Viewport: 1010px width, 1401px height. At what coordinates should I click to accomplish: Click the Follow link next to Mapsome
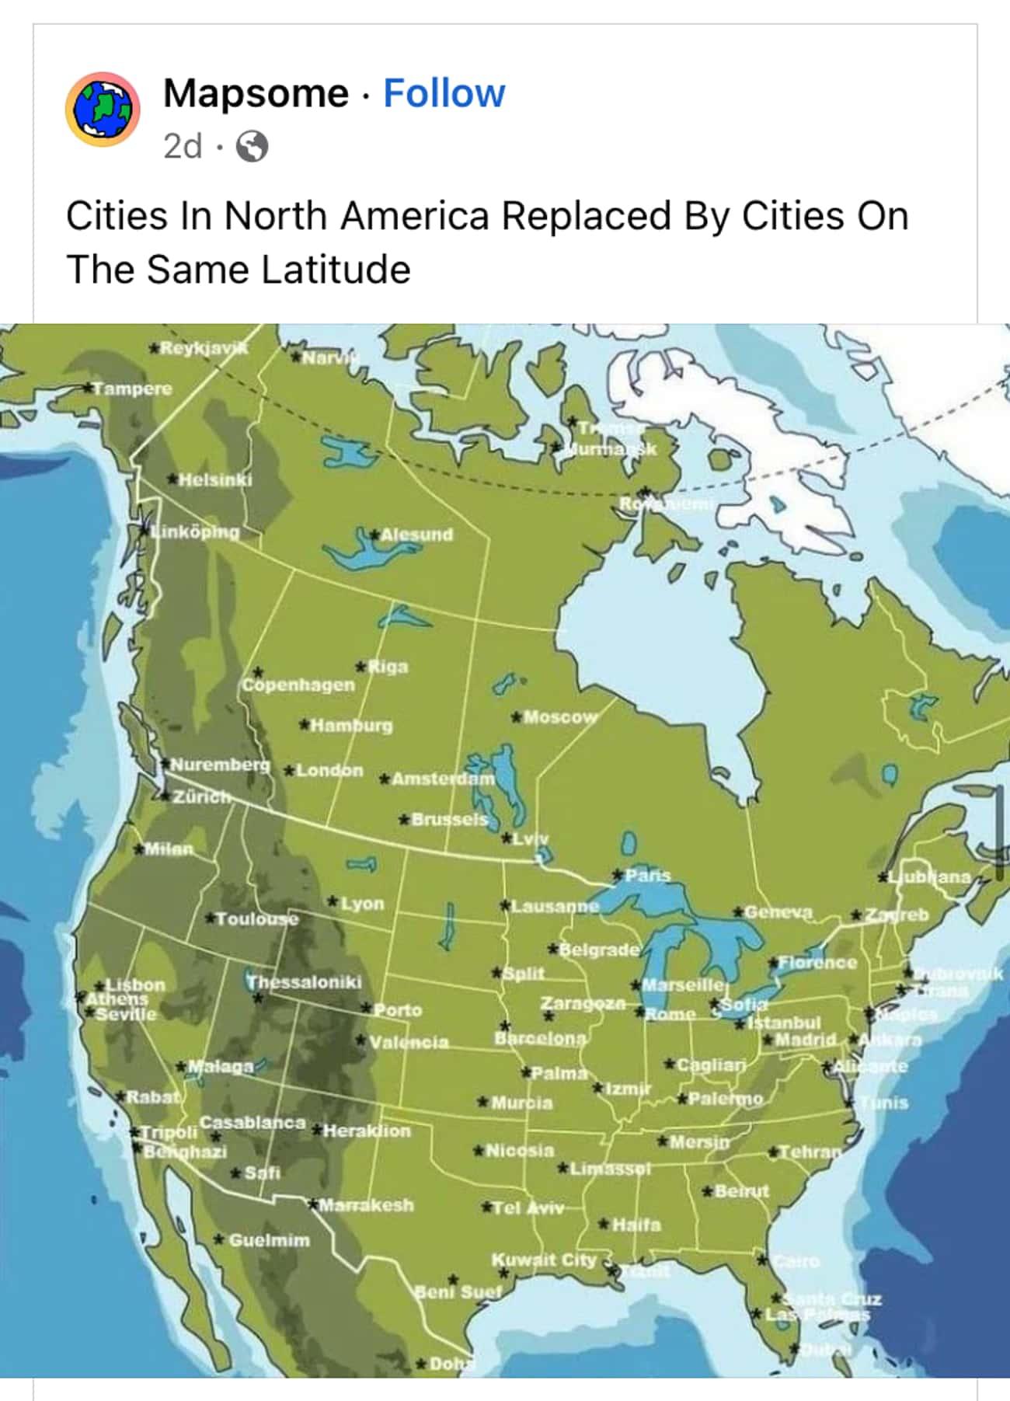(x=444, y=93)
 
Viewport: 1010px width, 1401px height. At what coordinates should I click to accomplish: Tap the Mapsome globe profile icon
(x=102, y=110)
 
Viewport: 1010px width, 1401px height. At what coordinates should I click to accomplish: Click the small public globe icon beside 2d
(x=252, y=146)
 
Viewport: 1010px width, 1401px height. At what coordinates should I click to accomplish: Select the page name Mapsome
(x=256, y=93)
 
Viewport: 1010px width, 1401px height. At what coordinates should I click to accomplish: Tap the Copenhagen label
(x=298, y=685)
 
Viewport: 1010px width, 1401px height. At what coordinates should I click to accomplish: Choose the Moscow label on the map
(x=560, y=716)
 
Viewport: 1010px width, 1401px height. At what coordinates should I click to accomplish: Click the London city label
(x=329, y=770)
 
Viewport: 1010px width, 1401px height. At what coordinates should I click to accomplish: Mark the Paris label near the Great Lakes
(x=648, y=875)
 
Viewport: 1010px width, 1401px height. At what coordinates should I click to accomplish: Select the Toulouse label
(x=256, y=918)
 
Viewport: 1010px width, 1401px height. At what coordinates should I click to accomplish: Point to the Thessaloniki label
(x=304, y=981)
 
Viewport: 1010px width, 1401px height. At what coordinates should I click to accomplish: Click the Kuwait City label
(x=543, y=1260)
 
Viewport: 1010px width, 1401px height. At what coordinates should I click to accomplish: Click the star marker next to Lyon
(x=333, y=902)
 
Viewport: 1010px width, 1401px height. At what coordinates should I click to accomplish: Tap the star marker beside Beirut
(x=707, y=1191)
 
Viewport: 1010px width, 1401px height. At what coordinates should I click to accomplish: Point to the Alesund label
(x=416, y=535)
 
